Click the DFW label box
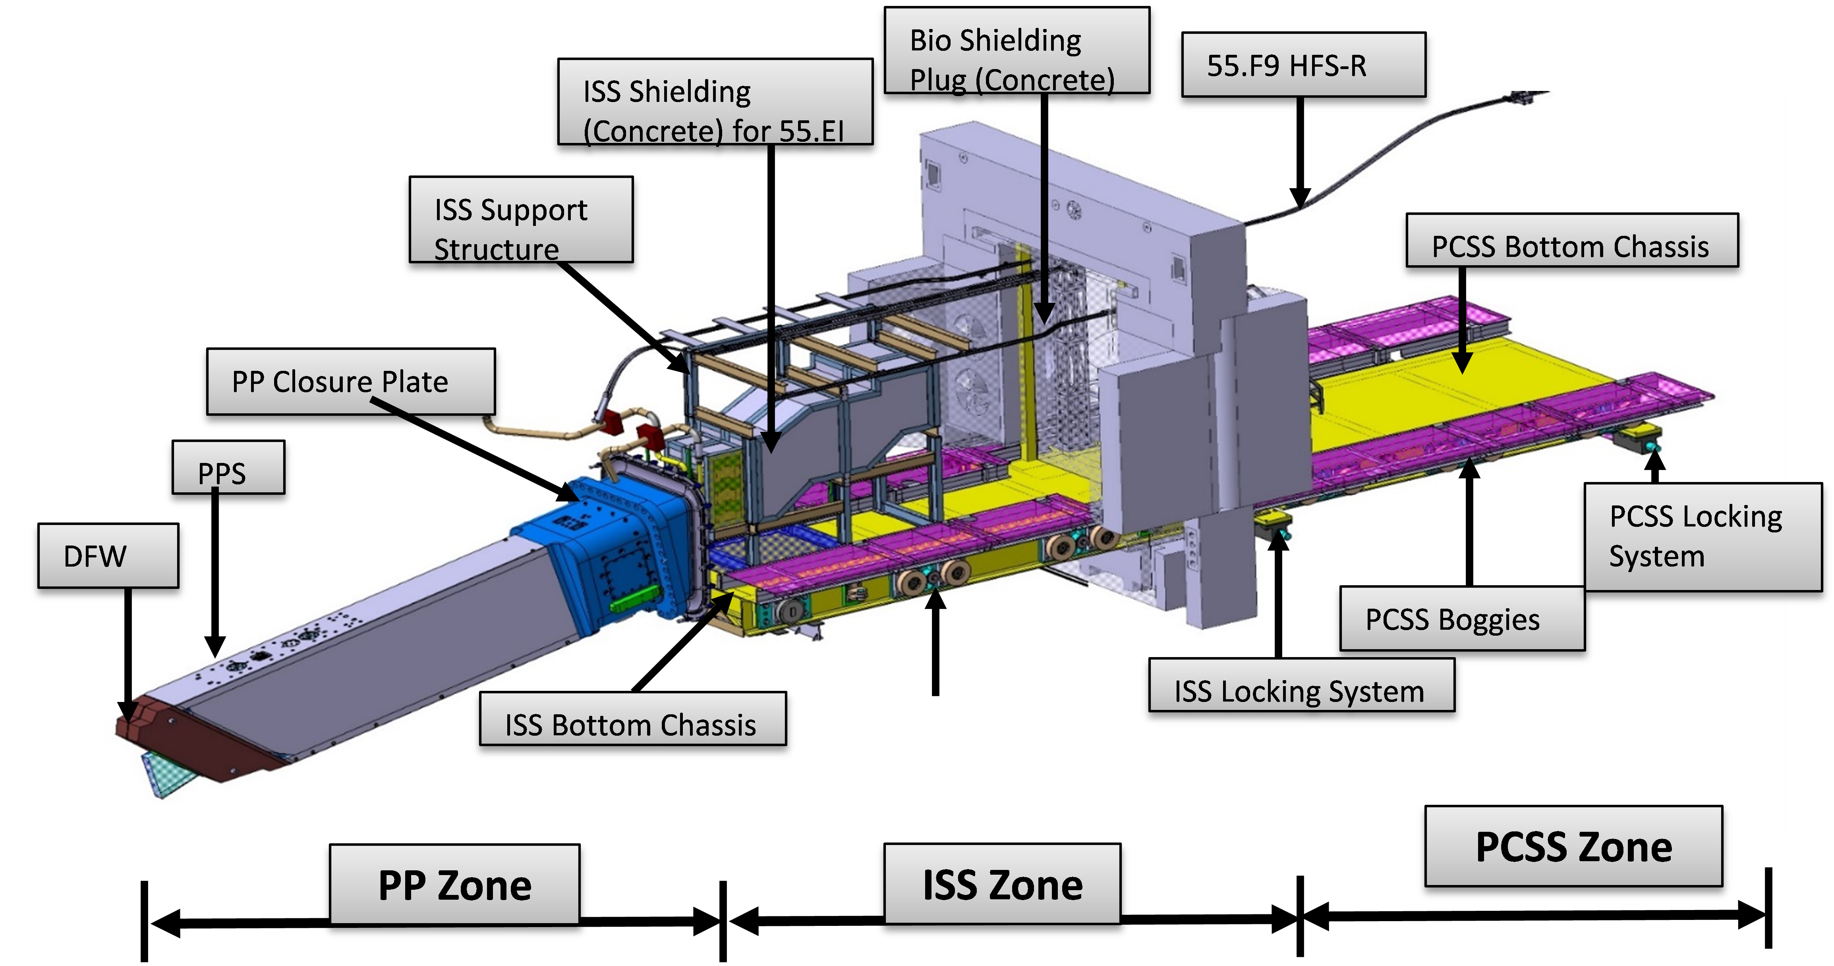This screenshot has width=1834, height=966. click(108, 556)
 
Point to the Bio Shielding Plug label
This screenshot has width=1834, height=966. click(1016, 51)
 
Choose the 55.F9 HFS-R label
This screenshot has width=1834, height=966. click(1303, 66)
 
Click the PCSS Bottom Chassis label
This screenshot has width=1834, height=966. click(1571, 241)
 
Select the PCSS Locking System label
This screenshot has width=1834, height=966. click(1702, 537)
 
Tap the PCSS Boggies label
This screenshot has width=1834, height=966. click(1462, 619)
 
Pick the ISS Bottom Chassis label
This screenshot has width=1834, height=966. click(632, 719)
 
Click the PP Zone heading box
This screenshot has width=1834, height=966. click(454, 884)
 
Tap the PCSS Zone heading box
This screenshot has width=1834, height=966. click(1573, 846)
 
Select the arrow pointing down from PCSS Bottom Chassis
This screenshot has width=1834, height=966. click(1462, 320)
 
